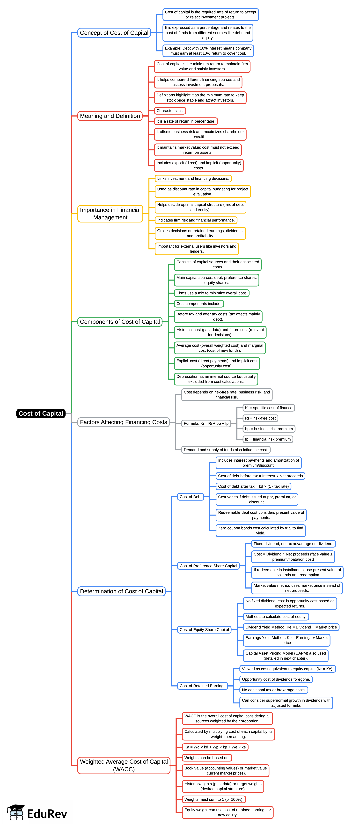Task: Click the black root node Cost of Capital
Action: [41, 413]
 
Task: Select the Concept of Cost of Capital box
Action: [114, 33]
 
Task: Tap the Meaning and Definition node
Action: [110, 116]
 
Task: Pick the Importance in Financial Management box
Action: [110, 214]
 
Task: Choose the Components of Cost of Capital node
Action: [120, 322]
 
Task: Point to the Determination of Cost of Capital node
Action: [121, 591]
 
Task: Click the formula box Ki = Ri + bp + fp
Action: [206, 423]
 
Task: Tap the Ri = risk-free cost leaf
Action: [260, 418]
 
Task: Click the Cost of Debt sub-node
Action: [191, 497]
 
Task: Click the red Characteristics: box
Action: [170, 111]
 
